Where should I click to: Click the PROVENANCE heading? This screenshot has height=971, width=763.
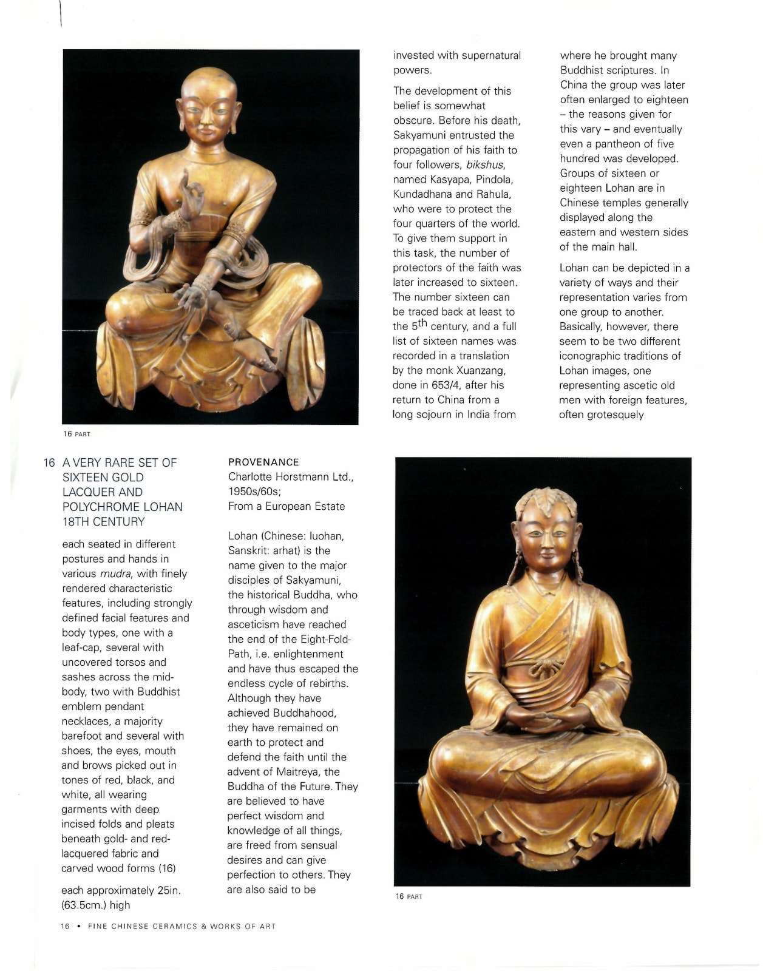[x=263, y=462]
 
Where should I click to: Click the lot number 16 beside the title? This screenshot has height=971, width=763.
[x=49, y=463]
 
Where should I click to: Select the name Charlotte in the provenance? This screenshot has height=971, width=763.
[x=253, y=477]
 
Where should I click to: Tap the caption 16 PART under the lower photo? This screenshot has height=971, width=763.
[x=409, y=897]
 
